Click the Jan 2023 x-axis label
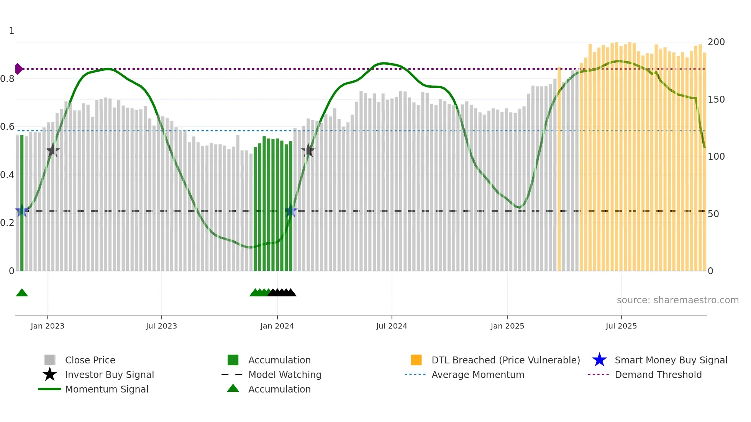tap(48, 326)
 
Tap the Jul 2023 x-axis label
tap(161, 326)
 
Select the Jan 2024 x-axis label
tap(277, 326)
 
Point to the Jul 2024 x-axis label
tap(392, 326)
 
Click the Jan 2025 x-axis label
tap(507, 326)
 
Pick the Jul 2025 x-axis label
tap(621, 326)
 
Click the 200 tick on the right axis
tap(716, 42)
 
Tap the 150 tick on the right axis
tap(716, 100)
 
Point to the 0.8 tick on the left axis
tap(7, 79)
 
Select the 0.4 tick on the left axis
tap(7, 175)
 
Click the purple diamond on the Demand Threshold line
tap(18, 69)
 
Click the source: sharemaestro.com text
tap(677, 300)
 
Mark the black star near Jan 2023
tap(52, 150)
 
